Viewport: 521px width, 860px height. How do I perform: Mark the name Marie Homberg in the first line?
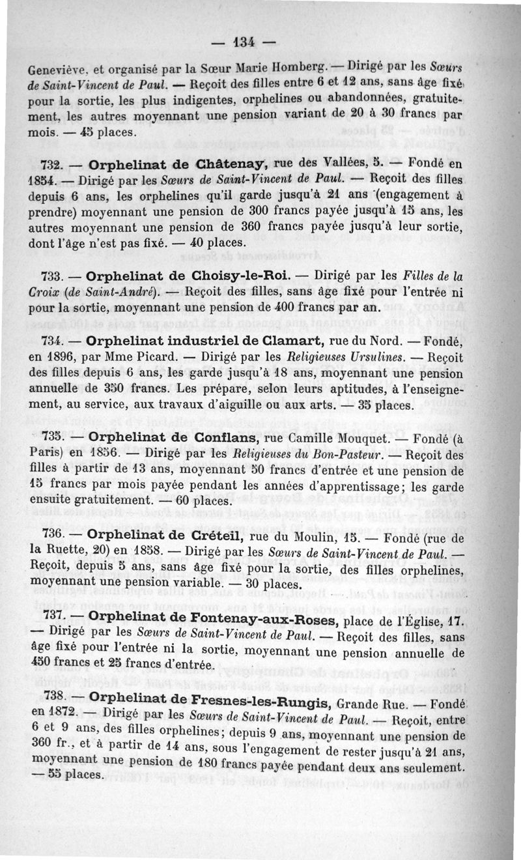pos(275,68)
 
